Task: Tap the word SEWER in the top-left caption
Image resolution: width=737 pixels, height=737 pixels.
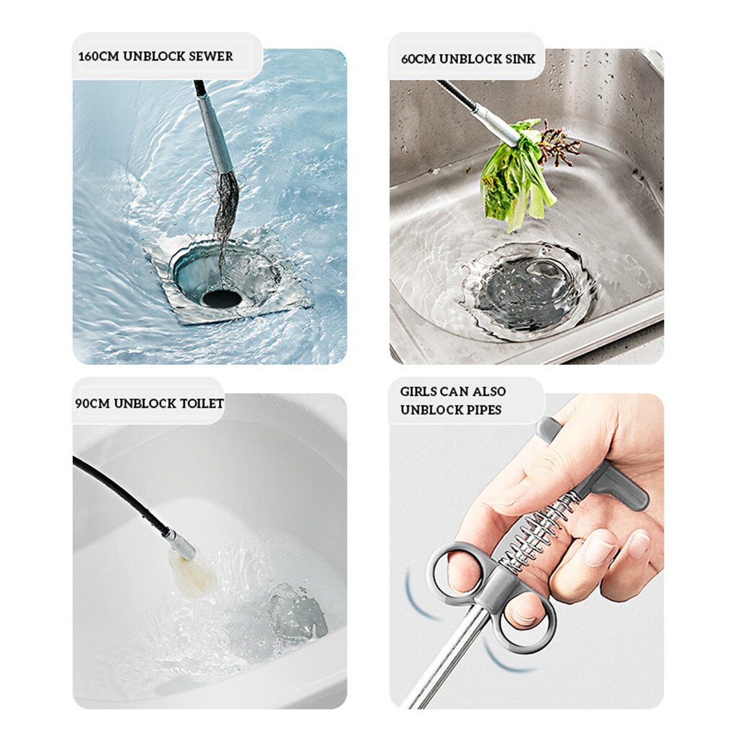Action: [x=210, y=56]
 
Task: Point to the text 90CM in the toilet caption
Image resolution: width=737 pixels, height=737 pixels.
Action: [x=91, y=403]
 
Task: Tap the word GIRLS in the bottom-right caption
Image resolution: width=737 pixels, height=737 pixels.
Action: [x=418, y=392]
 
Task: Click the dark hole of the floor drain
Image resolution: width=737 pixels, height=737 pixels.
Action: [x=221, y=297]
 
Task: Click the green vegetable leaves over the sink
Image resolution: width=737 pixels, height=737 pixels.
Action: [x=515, y=177]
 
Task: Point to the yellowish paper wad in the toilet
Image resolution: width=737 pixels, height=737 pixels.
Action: [x=192, y=574]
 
